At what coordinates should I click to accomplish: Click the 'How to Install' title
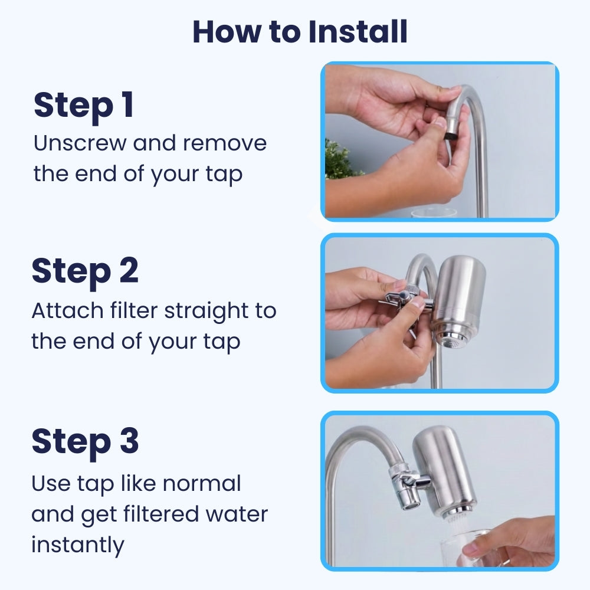click(300, 32)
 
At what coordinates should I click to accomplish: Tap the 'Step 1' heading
click(83, 106)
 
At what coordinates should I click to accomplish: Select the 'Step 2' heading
click(85, 271)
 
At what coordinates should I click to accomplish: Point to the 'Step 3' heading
click(85, 441)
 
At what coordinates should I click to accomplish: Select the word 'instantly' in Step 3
click(77, 545)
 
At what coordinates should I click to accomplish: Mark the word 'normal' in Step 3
click(202, 483)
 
